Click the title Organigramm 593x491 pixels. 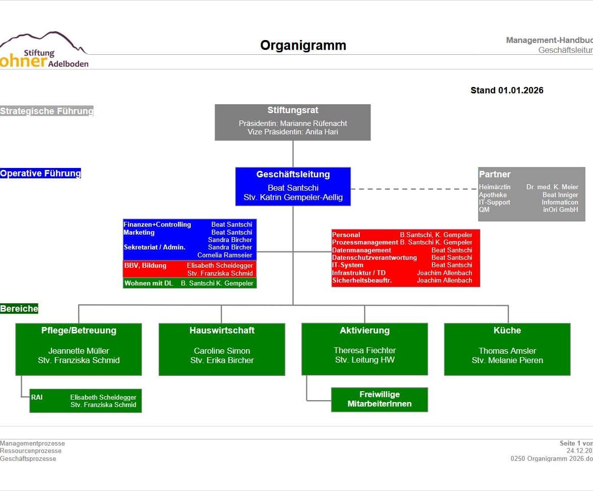[x=303, y=46]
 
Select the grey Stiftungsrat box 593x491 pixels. [x=293, y=122]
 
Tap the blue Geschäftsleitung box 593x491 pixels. [x=293, y=186]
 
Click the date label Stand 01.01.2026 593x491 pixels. [x=507, y=90]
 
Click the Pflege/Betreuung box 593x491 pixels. [x=79, y=349]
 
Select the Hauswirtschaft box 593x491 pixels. [x=221, y=349]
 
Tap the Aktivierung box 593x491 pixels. [x=364, y=349]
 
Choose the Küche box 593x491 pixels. [x=507, y=349]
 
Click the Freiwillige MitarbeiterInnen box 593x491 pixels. [x=379, y=399]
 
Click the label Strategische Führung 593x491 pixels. [x=46, y=111]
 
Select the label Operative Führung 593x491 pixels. [x=41, y=173]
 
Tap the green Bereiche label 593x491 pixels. [x=19, y=309]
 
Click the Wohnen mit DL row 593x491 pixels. [x=189, y=283]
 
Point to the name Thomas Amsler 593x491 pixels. [x=507, y=351]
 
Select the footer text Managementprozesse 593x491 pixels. [x=32, y=443]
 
